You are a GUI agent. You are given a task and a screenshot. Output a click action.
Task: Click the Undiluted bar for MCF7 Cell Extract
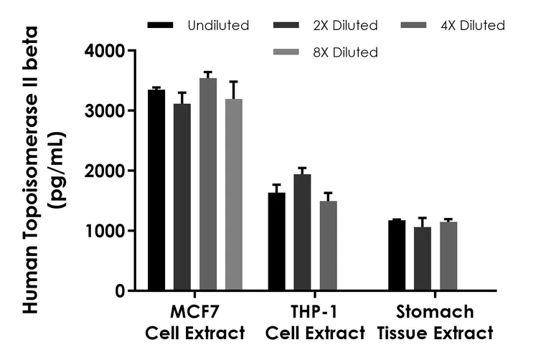pos(156,190)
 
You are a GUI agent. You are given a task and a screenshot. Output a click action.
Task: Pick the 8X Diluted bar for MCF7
pos(234,194)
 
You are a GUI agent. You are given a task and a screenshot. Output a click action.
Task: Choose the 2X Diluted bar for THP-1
pos(302,232)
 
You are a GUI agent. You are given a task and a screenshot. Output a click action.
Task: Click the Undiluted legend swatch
pos(160,25)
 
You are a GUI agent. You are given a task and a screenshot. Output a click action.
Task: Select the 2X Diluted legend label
pos(345,26)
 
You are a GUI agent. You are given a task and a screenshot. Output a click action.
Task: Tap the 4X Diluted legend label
pos(473,26)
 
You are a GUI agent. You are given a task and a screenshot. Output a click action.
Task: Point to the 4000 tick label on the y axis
pos(104,51)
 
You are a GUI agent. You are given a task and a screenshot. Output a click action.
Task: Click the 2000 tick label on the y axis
pos(104,171)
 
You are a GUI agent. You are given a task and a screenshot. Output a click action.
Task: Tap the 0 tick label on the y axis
pos(119,291)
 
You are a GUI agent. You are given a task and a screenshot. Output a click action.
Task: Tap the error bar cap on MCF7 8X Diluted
pos(234,82)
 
